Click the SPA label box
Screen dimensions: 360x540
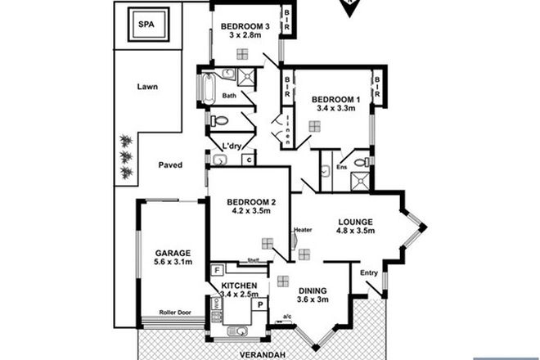click(147, 25)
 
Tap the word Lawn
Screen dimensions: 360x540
click(147, 86)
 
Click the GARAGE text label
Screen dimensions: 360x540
click(173, 253)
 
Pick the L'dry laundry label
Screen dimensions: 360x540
click(232, 146)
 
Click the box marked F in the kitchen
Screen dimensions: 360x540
click(217, 269)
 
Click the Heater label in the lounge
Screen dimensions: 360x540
click(304, 229)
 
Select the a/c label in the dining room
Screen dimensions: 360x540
click(287, 317)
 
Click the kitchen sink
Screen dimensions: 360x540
click(238, 330)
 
